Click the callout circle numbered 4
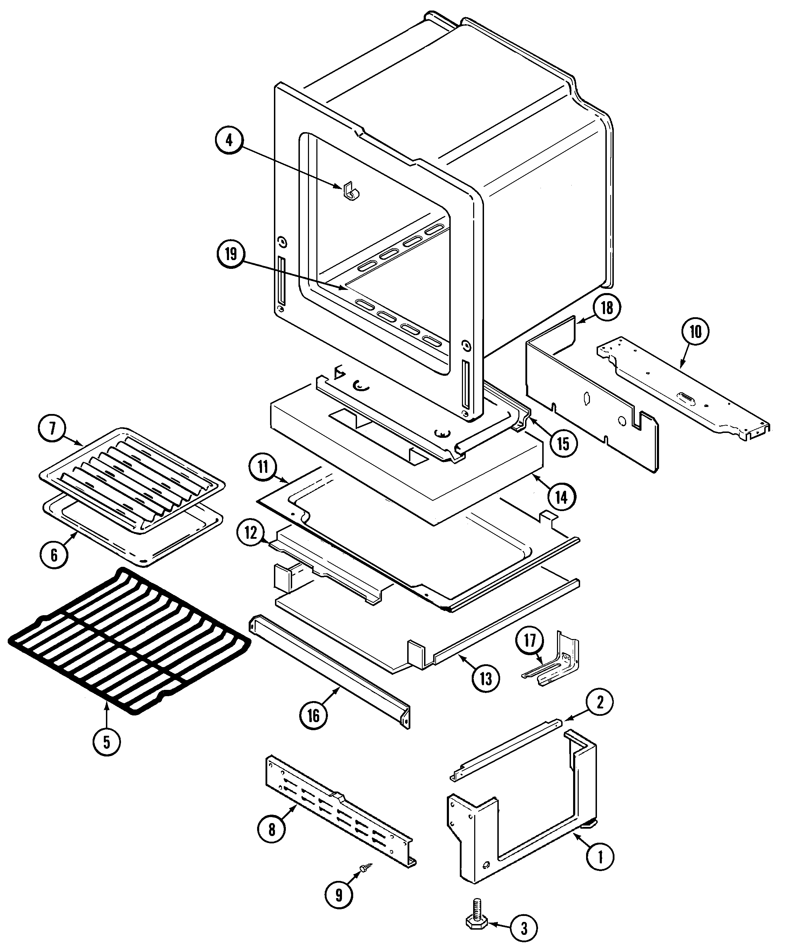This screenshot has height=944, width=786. tap(229, 140)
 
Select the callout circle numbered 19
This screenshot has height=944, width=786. tap(231, 254)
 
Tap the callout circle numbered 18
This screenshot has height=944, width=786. tap(606, 308)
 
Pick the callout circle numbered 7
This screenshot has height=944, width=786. tap(53, 428)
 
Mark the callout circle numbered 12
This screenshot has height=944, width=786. tap(251, 533)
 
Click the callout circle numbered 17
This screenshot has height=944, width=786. tap(530, 640)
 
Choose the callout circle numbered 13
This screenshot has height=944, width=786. tap(486, 679)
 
